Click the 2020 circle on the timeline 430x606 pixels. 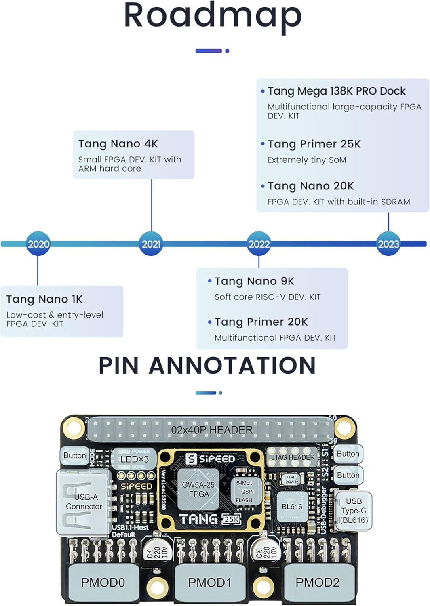38,244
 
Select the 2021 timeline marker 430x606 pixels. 151,244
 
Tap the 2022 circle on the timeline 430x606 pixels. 259,244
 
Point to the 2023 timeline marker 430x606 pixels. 388,244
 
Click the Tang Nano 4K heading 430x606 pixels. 118,144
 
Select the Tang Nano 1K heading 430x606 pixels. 44,299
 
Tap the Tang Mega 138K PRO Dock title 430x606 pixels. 336,91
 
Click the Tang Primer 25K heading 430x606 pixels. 314,144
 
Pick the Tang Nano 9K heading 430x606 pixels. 254,281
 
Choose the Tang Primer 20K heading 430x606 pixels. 261,322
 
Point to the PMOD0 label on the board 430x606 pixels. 103,582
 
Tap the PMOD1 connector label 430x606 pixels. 210,582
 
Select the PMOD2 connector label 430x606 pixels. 317,582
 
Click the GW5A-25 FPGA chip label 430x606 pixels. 198,489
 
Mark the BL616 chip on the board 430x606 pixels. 292,507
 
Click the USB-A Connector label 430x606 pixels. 84,501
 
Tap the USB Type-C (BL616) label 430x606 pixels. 354,511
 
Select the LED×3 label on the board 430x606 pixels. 134,459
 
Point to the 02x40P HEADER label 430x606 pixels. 212,430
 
